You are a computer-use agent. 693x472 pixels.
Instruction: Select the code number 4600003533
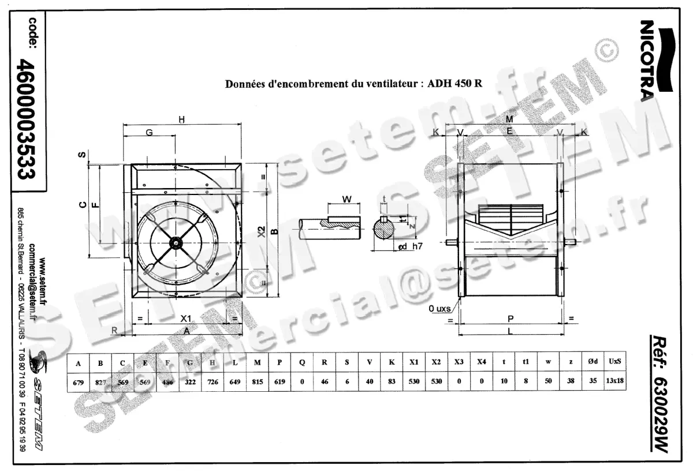click(28, 121)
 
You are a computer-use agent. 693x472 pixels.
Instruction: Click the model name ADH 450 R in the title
click(455, 83)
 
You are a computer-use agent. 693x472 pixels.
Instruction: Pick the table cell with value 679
click(79, 381)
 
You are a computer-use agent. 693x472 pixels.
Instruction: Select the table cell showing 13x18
click(616, 381)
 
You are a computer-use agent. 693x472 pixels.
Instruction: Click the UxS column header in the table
click(616, 363)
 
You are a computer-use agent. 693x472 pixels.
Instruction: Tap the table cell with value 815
click(257, 381)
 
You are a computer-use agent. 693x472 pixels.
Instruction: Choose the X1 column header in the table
click(414, 363)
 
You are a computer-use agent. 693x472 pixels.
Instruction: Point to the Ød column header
click(593, 363)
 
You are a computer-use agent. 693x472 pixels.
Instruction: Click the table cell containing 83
click(392, 381)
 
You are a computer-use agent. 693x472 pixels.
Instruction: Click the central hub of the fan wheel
click(174, 244)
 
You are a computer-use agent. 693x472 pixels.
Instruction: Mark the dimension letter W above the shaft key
click(346, 199)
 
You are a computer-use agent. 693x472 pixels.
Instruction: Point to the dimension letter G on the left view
click(149, 132)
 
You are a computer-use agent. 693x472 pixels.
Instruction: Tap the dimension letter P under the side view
click(510, 318)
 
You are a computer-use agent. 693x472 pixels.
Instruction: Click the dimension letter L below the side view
click(510, 332)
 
